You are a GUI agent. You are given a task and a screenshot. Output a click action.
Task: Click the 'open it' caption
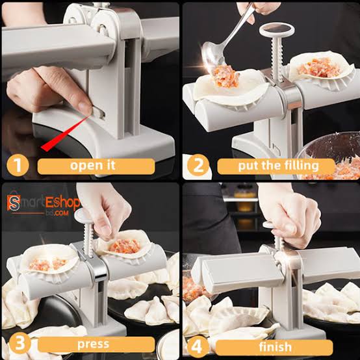point(96,166)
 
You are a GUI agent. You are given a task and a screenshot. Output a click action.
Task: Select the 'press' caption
point(96,342)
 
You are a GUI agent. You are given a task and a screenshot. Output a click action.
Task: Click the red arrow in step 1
point(65,133)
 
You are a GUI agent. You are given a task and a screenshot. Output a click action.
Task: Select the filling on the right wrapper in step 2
point(319,66)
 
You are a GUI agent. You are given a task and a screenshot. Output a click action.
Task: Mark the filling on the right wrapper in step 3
point(125,246)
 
